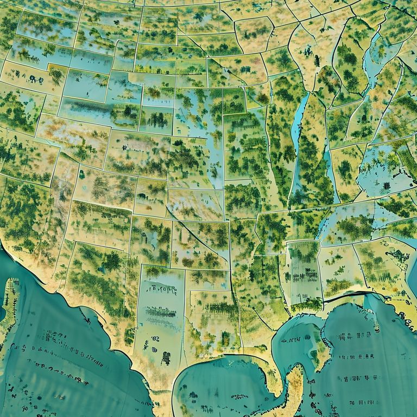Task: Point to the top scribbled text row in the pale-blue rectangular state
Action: pos(161,288)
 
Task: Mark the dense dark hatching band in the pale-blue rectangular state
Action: pos(161,312)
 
